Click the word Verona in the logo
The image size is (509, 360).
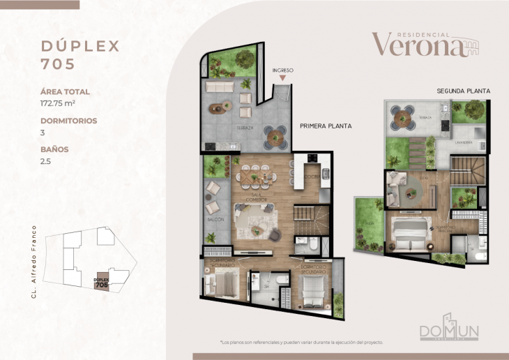click(416, 45)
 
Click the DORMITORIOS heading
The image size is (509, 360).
click(68, 120)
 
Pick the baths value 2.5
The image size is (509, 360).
click(47, 160)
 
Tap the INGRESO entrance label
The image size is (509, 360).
click(283, 70)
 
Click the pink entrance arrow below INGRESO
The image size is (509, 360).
click(283, 80)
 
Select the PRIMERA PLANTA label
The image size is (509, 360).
click(326, 126)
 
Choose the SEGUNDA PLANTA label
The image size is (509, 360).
click(464, 91)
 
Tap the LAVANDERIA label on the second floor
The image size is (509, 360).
click(464, 142)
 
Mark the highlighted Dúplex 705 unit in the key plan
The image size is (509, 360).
click(102, 281)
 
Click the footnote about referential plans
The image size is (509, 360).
click(301, 343)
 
